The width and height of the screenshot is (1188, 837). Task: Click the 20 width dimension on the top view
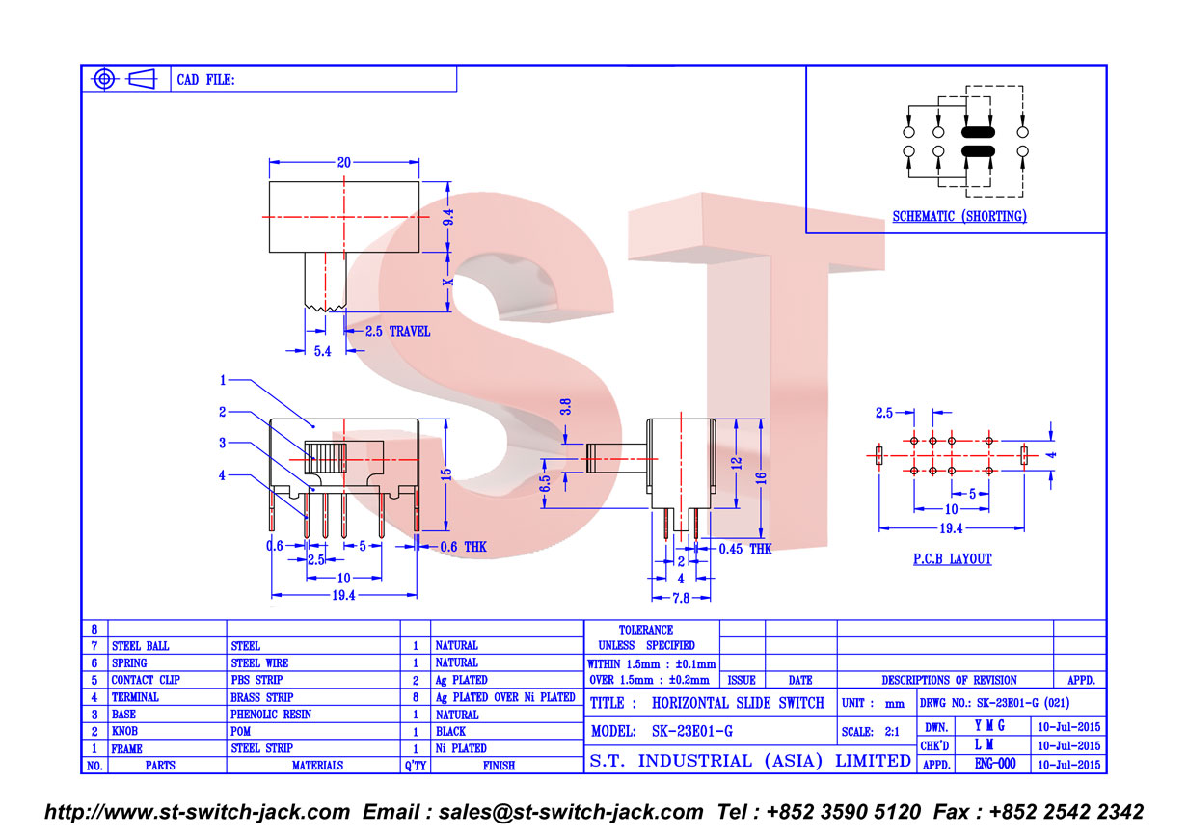[343, 162]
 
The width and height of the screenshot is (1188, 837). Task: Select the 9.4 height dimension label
[448, 217]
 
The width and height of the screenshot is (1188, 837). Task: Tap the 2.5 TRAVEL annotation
[397, 332]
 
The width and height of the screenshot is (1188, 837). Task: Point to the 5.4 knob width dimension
[322, 351]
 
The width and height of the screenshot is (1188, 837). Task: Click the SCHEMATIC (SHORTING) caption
[959, 216]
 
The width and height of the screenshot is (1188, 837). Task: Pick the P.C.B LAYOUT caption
[952, 559]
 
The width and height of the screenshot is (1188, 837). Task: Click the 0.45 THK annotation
[745, 549]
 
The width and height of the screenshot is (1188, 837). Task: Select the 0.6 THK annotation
[463, 547]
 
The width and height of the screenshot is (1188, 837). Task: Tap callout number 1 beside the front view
[223, 380]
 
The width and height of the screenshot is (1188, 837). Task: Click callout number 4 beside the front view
[222, 475]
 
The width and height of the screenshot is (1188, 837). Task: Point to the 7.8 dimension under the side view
[681, 598]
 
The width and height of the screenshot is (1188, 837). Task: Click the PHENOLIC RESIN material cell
[270, 715]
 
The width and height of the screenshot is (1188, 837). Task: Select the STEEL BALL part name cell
[140, 646]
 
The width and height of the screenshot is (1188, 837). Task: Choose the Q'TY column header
[416, 766]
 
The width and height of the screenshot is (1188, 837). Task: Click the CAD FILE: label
[205, 80]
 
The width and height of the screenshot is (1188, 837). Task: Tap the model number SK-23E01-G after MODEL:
[692, 732]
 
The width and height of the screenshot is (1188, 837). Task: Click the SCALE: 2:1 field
[870, 732]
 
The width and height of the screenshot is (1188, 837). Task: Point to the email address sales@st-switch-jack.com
[571, 812]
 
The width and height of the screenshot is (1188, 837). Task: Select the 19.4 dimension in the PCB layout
[951, 528]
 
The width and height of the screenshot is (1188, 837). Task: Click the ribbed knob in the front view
[325, 458]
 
